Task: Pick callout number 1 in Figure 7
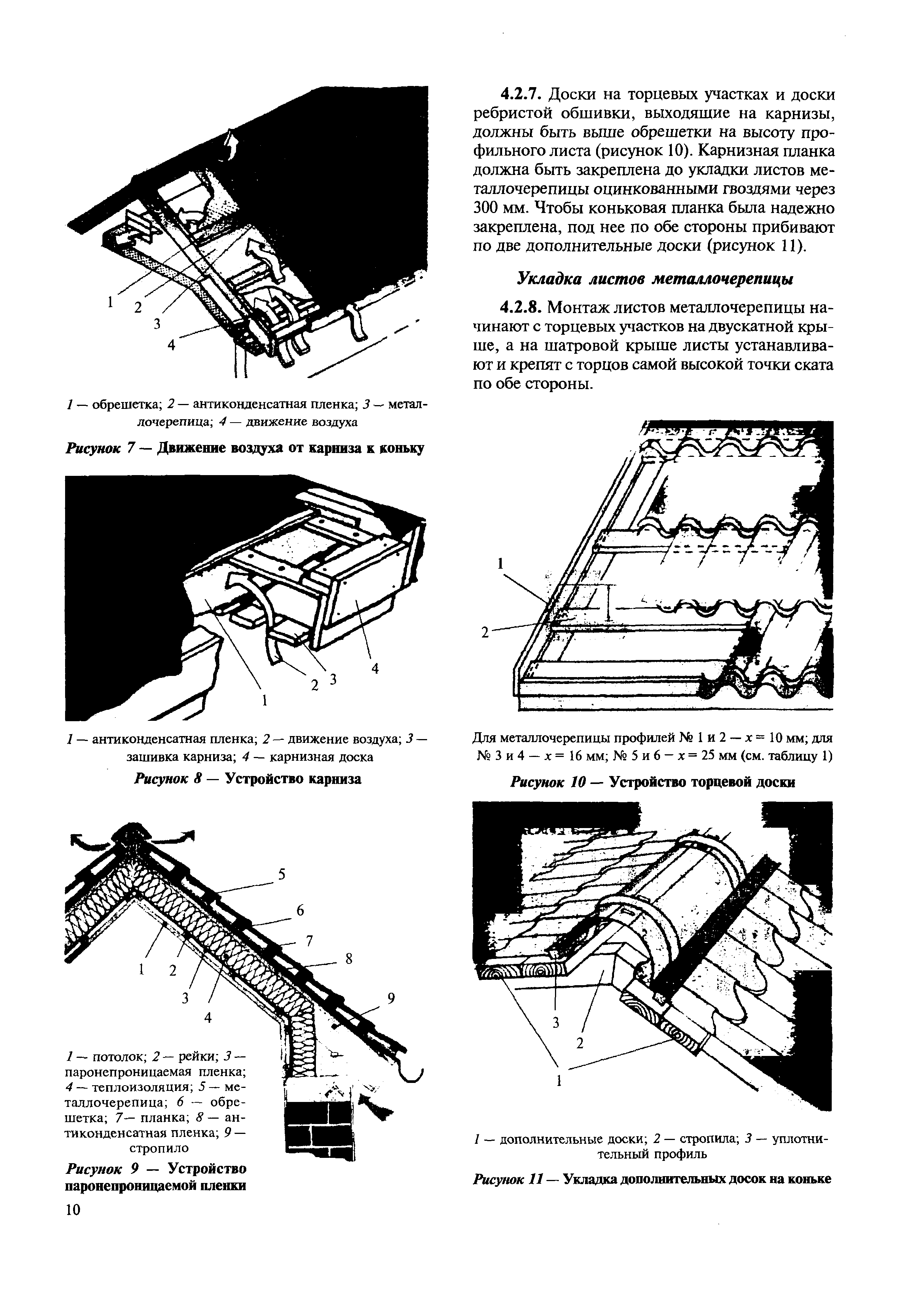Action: coord(111,302)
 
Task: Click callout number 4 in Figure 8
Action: coord(375,669)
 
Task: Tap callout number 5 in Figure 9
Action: coord(282,874)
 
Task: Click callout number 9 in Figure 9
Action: coord(391,998)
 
